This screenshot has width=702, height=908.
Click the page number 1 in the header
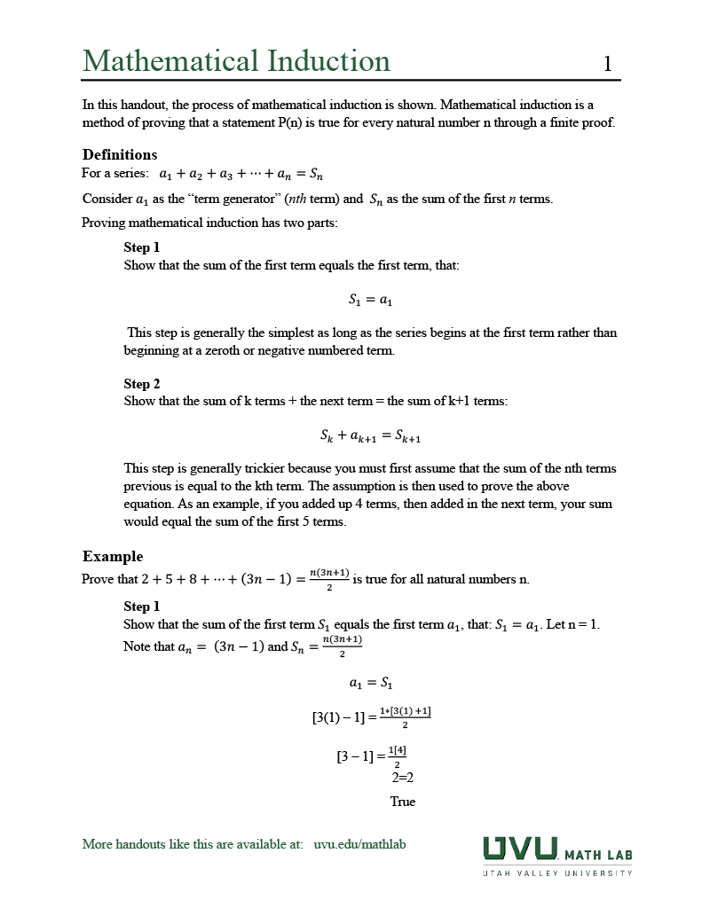pyautogui.click(x=607, y=63)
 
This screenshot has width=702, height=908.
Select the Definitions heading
pyautogui.click(x=120, y=154)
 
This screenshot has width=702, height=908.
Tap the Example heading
pyautogui.click(x=113, y=556)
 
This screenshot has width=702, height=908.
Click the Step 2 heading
pyautogui.click(x=142, y=383)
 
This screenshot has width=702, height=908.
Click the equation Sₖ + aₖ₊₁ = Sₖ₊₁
pyautogui.click(x=370, y=436)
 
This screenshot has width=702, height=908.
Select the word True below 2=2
pyautogui.click(x=402, y=802)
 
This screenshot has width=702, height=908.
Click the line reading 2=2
pyautogui.click(x=403, y=779)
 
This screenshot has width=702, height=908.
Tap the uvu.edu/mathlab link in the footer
pyautogui.click(x=359, y=844)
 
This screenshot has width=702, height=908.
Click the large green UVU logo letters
pyautogui.click(x=520, y=849)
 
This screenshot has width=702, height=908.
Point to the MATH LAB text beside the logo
pyautogui.click(x=598, y=855)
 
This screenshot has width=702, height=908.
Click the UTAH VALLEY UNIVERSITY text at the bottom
pyautogui.click(x=557, y=873)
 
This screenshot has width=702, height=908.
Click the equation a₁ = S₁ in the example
pyautogui.click(x=370, y=683)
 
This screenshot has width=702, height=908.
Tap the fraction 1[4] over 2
pyautogui.click(x=397, y=756)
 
